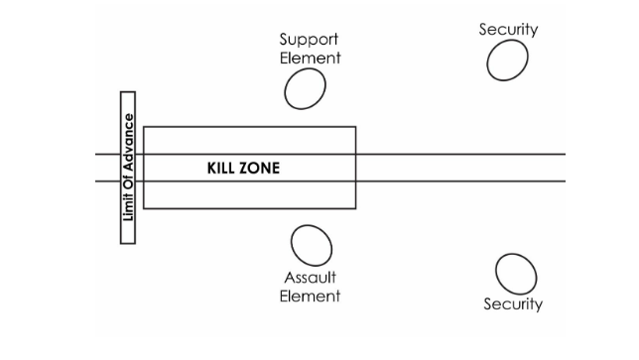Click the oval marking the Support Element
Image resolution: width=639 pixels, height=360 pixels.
(306, 89)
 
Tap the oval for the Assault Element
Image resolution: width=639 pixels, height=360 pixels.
(311, 245)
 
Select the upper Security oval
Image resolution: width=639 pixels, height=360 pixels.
(507, 61)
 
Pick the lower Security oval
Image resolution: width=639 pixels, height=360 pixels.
(515, 274)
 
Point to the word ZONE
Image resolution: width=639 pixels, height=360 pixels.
(260, 169)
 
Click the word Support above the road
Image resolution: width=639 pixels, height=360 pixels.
(309, 40)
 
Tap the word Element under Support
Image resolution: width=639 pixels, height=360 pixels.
(310, 58)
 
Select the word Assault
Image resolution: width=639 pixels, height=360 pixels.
(311, 278)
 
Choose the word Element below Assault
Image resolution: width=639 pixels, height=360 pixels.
(311, 296)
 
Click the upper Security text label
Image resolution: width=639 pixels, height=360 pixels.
(508, 30)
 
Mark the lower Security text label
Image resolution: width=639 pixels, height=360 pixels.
(513, 303)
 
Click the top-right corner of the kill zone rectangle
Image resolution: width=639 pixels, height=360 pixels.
(355, 127)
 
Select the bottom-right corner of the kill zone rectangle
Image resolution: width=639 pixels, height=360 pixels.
(355, 208)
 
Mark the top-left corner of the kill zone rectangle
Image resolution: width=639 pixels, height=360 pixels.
(144, 127)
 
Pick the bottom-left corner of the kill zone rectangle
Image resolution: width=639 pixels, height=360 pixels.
(144, 208)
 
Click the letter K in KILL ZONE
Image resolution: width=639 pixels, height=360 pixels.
(211, 169)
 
